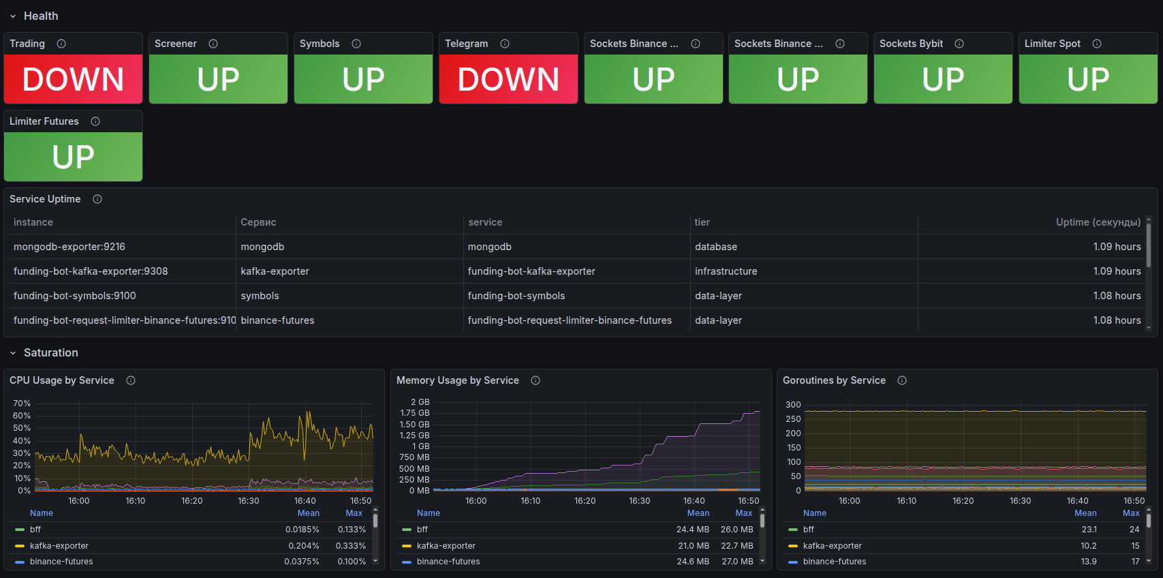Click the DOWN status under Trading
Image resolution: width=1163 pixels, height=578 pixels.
73,79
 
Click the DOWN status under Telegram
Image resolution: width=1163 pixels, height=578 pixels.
508,79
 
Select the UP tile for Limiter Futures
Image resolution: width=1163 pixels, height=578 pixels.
73,157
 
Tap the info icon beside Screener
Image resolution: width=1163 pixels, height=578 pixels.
213,44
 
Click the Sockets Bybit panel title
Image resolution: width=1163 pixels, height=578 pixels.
911,44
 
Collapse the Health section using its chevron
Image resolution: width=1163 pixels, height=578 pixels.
13,16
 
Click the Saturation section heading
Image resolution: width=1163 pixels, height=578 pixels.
51,352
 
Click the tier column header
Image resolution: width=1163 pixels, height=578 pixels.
702,222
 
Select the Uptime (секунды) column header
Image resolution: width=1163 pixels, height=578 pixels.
1098,222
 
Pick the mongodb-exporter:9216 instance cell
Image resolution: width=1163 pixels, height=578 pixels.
69,247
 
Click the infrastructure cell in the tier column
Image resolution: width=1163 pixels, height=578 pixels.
726,271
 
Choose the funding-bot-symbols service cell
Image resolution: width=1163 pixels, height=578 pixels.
516,296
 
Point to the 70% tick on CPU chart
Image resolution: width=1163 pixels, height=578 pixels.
22,404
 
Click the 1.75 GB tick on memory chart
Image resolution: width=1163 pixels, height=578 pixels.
414,413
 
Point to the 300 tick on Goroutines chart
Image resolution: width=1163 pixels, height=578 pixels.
793,405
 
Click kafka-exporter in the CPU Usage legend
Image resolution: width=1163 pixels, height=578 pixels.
59,546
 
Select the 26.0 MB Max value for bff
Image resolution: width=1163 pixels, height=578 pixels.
736,530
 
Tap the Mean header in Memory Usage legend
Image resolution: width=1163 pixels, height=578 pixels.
698,513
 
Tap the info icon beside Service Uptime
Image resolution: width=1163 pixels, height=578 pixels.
97,199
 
